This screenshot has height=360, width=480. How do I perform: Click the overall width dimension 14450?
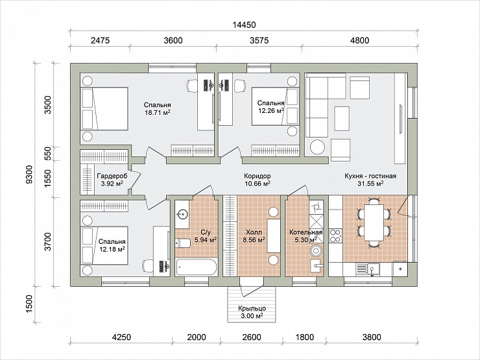click(244, 25)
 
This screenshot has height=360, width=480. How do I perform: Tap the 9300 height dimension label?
click(29, 174)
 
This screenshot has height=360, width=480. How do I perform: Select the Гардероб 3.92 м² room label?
click(112, 180)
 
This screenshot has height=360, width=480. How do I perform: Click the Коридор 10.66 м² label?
click(257, 180)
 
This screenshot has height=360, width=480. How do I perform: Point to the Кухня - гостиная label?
click(370, 176)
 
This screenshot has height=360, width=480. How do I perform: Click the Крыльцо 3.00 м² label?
click(252, 312)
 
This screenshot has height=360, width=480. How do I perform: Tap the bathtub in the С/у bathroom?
click(197, 267)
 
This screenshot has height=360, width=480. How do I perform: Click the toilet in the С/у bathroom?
click(183, 243)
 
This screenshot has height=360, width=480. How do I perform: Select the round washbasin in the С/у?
click(182, 214)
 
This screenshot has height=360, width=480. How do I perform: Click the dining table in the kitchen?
click(374, 222)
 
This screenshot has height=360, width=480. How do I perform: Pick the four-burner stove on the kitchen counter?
click(335, 235)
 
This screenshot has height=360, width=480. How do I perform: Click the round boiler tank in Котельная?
click(316, 251)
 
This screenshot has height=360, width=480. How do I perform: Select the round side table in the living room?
click(317, 147)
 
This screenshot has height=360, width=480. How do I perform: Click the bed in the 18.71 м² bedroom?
click(104, 109)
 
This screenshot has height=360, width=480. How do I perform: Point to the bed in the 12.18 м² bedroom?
click(104, 245)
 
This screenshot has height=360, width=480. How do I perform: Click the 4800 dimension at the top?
click(359, 40)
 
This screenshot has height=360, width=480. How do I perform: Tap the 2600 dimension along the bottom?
click(251, 337)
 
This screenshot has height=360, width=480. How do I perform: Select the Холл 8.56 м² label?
click(254, 236)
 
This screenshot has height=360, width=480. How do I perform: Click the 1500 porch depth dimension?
click(29, 304)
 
